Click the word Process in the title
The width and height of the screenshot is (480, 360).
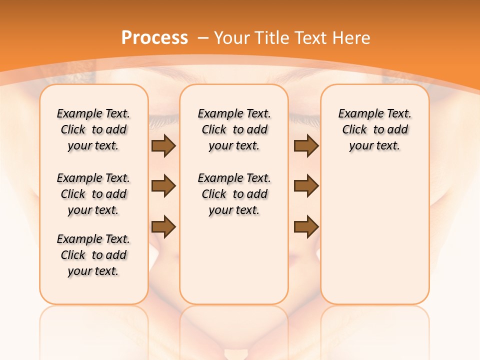pyautogui.click(x=154, y=38)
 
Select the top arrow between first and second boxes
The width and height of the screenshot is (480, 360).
pyautogui.click(x=163, y=146)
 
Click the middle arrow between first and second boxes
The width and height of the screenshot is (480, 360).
pyautogui.click(x=163, y=186)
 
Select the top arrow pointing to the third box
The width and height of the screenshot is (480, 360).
pyautogui.click(x=306, y=146)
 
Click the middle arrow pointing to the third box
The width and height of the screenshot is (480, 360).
pyautogui.click(x=306, y=186)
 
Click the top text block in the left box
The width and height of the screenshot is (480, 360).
pyautogui.click(x=93, y=129)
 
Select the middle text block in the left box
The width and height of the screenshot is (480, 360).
pyautogui.click(x=93, y=194)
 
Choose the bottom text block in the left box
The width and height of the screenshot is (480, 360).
pyautogui.click(x=93, y=255)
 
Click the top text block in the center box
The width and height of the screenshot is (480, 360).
pyautogui.click(x=234, y=129)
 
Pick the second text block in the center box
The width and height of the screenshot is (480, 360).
pyautogui.click(x=234, y=194)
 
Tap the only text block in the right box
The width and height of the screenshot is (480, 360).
pyautogui.click(x=374, y=129)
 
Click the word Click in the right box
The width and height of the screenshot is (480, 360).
pyautogui.click(x=354, y=130)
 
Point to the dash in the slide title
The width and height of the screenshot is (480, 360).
pyautogui.click(x=203, y=38)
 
